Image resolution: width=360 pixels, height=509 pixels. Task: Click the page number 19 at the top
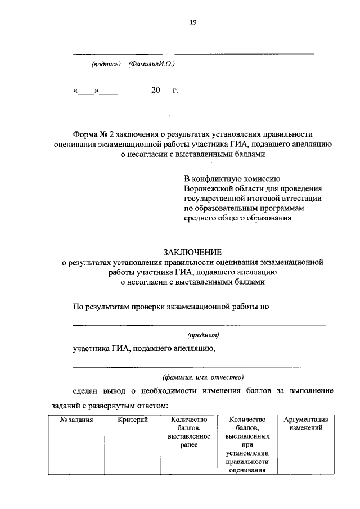click(x=192, y=22)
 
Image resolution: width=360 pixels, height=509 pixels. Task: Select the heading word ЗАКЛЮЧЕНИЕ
click(x=193, y=251)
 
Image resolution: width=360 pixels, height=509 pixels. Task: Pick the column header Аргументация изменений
click(x=305, y=424)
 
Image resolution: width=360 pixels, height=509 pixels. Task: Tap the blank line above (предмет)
click(x=200, y=325)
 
